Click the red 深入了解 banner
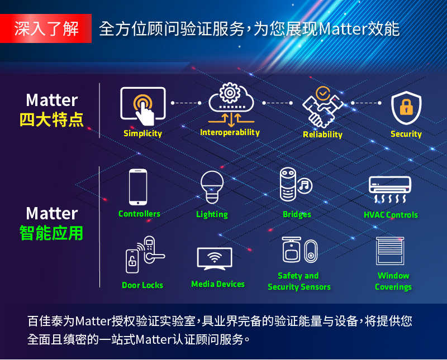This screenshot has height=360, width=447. (46, 28)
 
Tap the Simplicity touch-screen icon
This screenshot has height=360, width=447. (143, 106)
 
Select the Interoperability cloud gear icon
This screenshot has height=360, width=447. (231, 104)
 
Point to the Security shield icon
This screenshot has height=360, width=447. (406, 108)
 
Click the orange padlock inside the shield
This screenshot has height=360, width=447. (406, 107)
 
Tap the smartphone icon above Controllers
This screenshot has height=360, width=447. (138, 187)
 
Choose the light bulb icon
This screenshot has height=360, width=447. (212, 187)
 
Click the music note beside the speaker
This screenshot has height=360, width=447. (305, 186)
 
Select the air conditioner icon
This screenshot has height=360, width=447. (390, 189)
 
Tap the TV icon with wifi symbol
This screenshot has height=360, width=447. (215, 258)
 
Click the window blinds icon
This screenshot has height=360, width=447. (390, 251)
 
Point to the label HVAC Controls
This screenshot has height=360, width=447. (391, 215)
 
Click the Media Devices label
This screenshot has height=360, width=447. (218, 284)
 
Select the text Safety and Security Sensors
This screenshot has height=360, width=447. (299, 281)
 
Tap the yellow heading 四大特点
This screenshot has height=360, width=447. (51, 119)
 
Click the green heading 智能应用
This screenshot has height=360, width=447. (51, 233)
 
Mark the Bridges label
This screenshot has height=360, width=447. (297, 214)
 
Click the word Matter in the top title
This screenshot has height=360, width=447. (343, 29)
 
